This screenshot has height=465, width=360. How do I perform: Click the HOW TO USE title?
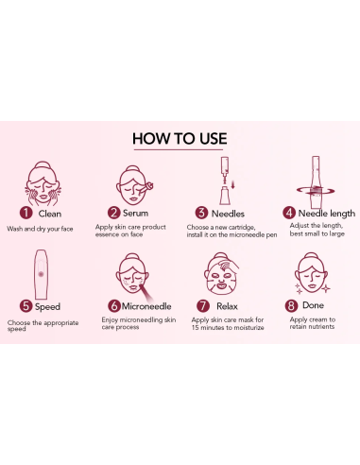click(x=180, y=138)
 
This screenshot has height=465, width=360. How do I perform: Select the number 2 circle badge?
click(x=114, y=214)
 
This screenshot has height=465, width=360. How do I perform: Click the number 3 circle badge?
click(x=201, y=214)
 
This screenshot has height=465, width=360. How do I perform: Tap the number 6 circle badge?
click(x=114, y=306)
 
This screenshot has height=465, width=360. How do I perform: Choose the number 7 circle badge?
click(x=201, y=306)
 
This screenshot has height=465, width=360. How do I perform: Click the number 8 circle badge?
click(x=291, y=306)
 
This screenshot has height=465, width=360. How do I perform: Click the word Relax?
click(x=227, y=306)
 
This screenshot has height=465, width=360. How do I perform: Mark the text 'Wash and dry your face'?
click(x=40, y=229)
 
